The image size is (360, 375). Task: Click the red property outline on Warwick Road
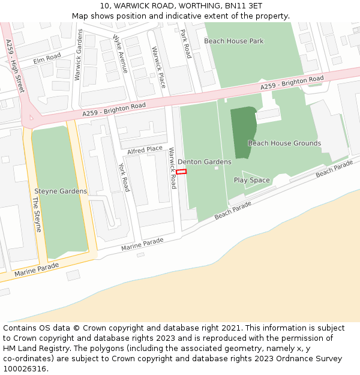(x=181, y=172)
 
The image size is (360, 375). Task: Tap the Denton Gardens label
(x=204, y=162)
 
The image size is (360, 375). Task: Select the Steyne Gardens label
(x=61, y=191)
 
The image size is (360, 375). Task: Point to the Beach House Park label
(x=233, y=41)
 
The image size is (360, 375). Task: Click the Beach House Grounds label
(x=284, y=143)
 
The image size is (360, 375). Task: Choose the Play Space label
(x=251, y=180)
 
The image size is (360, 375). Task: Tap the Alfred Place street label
(x=145, y=149)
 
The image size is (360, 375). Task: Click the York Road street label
(x=124, y=178)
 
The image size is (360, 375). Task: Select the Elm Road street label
(x=47, y=58)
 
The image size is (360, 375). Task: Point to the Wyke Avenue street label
(x=120, y=53)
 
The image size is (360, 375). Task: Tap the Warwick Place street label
(x=158, y=67)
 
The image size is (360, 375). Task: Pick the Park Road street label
(x=185, y=43)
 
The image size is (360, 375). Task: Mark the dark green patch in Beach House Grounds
(x=243, y=132)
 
